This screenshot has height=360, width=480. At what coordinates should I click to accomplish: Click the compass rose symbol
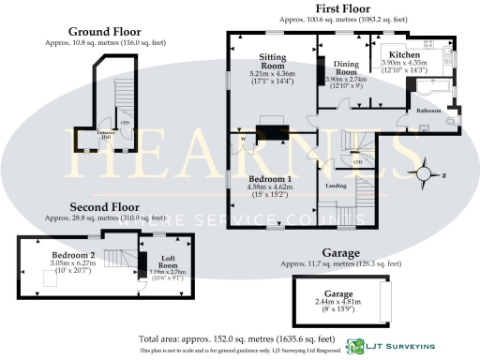coord(427,172)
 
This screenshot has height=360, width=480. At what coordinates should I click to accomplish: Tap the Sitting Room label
coord(273,62)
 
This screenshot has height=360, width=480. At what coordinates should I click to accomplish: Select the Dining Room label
coord(347,68)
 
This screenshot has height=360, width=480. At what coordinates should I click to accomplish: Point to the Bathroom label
coord(429,111)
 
